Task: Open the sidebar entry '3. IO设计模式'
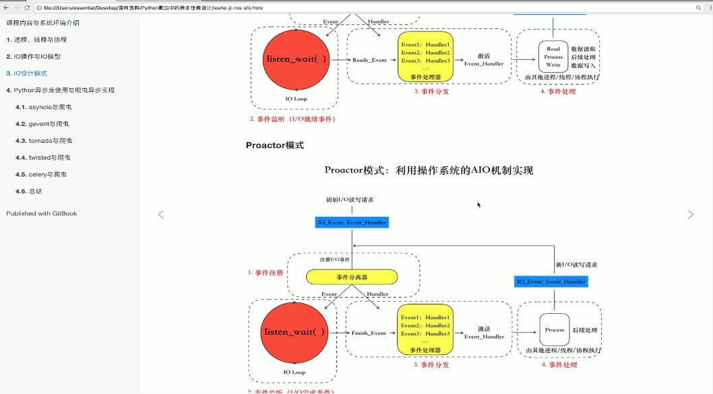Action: click(27, 73)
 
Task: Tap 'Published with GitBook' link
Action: click(42, 214)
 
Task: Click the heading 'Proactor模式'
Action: click(274, 145)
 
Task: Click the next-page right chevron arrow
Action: click(690, 215)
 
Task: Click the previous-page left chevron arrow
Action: click(161, 215)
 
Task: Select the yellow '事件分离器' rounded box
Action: click(351, 277)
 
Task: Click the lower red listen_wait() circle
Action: click(294, 332)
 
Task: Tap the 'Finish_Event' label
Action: click(369, 333)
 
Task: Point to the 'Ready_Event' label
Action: click(369, 60)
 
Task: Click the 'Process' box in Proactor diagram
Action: click(554, 330)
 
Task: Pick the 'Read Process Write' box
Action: click(553, 57)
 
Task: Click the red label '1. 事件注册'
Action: click(265, 273)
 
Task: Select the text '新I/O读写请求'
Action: click(576, 265)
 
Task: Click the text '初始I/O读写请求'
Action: click(350, 200)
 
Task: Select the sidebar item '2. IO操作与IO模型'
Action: click(34, 57)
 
